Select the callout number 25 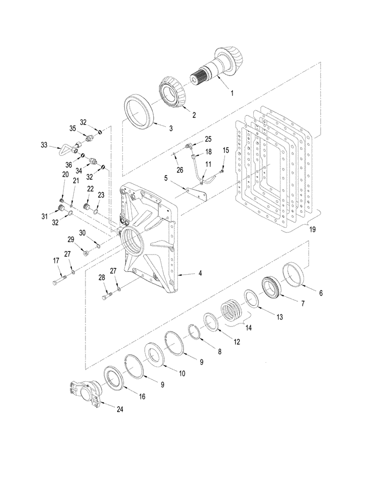coord(209,138)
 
